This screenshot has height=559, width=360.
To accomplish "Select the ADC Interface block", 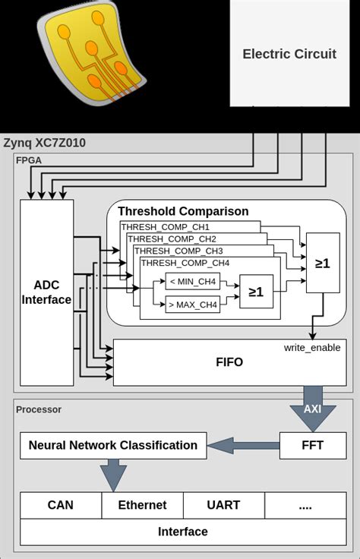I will coord(47,292).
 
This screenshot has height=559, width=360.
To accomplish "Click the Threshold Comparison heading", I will coord(183,211).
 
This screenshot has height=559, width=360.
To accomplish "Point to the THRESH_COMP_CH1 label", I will coord(166,227).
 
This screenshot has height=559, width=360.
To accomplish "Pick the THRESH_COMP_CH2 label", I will coord(172,239).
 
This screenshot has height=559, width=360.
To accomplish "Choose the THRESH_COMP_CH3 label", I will coord(178,251).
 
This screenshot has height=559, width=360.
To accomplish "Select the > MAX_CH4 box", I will coord(193,305).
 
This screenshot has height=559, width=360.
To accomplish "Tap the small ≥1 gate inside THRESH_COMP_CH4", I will coord(256,292).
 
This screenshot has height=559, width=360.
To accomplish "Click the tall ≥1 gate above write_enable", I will coord(323,264).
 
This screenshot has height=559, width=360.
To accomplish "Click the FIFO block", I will coord(229,362).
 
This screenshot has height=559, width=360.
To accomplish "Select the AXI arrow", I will coord(312,408).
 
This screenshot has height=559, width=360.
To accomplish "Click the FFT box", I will coord(312,445).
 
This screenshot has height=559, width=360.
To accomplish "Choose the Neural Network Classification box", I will coord(113,446).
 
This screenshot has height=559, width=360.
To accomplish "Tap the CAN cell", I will coord(61,505).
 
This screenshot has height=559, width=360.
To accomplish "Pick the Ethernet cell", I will coord(142,505).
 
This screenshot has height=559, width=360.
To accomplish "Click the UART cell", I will coord(223,505).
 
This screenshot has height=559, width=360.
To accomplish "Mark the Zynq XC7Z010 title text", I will coord(45,143).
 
